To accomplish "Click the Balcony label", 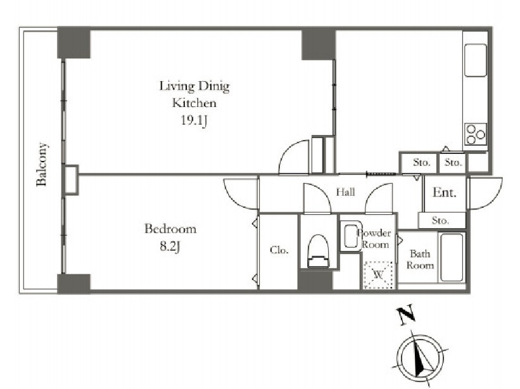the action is pos(42,164).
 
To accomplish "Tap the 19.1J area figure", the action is pos(194,120).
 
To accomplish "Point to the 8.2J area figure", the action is pos(170,246).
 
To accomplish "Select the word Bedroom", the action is pos(170,229).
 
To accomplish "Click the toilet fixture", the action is pos(319,250).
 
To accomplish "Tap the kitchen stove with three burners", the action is pos(475,134).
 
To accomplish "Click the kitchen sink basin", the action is pos(475,60).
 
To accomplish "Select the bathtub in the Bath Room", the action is pos(452,257).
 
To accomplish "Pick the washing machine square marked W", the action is pos(378,274).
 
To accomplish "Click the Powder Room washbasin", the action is pos(350,236).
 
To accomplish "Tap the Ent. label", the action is pos(445,193).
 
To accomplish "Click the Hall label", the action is pos(345,192).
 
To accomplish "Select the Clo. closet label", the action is pos(279,250).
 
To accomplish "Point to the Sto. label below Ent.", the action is pos(440,220).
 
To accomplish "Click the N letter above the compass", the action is pos(406,314).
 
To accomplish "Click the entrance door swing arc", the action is pos(491,201).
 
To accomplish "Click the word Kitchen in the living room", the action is pos(194,103).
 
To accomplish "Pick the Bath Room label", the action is pos(420,259).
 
